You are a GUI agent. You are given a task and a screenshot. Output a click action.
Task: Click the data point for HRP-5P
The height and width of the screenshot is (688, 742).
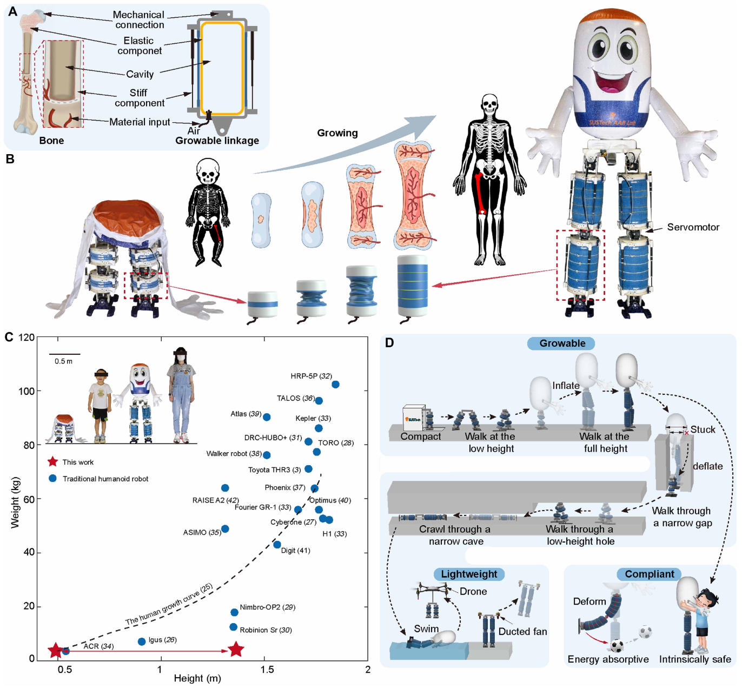[335, 385]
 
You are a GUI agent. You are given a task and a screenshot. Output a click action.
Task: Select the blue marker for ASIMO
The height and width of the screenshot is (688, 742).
[225, 529]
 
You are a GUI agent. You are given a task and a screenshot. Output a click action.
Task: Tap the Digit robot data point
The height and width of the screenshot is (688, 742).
[277, 545]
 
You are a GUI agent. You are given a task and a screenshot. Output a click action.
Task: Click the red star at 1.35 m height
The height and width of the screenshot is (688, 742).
[236, 650]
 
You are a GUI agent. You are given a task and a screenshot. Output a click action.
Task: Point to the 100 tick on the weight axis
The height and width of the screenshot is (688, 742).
[27, 391]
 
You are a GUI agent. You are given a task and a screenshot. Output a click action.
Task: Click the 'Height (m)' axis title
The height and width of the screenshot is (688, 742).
[197, 678]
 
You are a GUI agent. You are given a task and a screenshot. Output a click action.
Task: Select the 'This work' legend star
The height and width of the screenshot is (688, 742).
[52, 462]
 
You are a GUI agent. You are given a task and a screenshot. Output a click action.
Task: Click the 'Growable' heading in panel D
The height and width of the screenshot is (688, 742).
[562, 343]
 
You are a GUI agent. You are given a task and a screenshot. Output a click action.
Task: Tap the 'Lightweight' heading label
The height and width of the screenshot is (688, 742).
[469, 574]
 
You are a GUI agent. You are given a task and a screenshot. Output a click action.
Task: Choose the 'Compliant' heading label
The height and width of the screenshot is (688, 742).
[650, 574]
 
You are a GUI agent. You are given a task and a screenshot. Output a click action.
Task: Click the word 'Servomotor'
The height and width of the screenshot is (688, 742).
[693, 227]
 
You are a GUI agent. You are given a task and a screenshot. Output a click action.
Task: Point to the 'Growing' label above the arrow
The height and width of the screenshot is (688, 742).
[337, 133]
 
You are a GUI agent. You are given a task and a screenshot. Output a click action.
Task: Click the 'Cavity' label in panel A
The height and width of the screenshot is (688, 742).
[140, 74]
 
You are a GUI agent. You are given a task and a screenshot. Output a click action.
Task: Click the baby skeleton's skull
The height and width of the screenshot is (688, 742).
[208, 172]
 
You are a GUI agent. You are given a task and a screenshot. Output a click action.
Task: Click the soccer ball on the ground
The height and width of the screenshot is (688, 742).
[616, 646]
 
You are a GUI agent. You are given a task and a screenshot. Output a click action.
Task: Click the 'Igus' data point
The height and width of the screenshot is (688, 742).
[142, 641]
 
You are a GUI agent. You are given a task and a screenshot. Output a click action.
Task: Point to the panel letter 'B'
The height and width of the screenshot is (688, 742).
[10, 159]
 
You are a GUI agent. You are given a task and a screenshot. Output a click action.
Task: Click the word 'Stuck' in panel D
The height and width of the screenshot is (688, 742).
[703, 429]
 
